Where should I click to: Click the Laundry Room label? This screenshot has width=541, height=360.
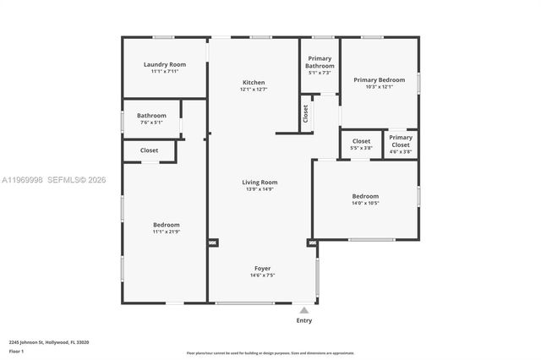click(165, 64)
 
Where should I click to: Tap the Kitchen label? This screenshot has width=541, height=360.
click(253, 82)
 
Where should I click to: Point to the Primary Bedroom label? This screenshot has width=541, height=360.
click(379, 79)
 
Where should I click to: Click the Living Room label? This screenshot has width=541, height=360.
click(260, 182)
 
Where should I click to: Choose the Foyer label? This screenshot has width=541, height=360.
click(261, 268)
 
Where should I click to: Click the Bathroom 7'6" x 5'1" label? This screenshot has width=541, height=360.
click(151, 115)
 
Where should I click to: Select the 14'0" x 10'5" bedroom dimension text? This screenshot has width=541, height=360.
click(365, 203)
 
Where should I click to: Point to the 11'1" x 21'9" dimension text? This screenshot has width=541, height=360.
click(166, 232)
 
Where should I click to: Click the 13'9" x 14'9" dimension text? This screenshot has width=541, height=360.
click(260, 189)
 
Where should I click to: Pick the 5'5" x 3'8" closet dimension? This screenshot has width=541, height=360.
click(361, 148)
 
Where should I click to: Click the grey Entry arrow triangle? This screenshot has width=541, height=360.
click(304, 310)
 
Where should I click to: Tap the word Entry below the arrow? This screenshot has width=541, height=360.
click(304, 320)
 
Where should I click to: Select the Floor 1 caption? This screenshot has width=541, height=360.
click(16, 351)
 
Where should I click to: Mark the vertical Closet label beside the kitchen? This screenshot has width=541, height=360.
click(305, 113)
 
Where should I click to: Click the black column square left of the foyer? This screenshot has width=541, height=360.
click(212, 243)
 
